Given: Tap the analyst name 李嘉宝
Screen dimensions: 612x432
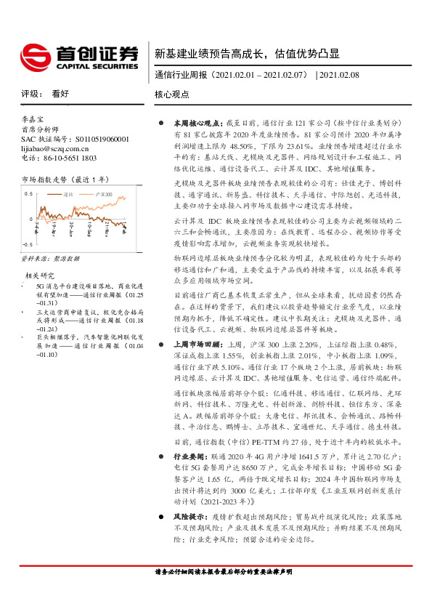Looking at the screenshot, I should pyautogui.click(x=33, y=118).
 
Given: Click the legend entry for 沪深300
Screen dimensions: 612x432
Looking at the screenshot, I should pyautogui.click(x=106, y=195).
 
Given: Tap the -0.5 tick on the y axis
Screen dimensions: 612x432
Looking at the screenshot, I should pyautogui.click(x=27, y=245).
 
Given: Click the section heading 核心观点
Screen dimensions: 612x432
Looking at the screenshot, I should pyautogui.click(x=171, y=94).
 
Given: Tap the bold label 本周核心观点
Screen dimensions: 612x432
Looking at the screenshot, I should pyautogui.click(x=188, y=124).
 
